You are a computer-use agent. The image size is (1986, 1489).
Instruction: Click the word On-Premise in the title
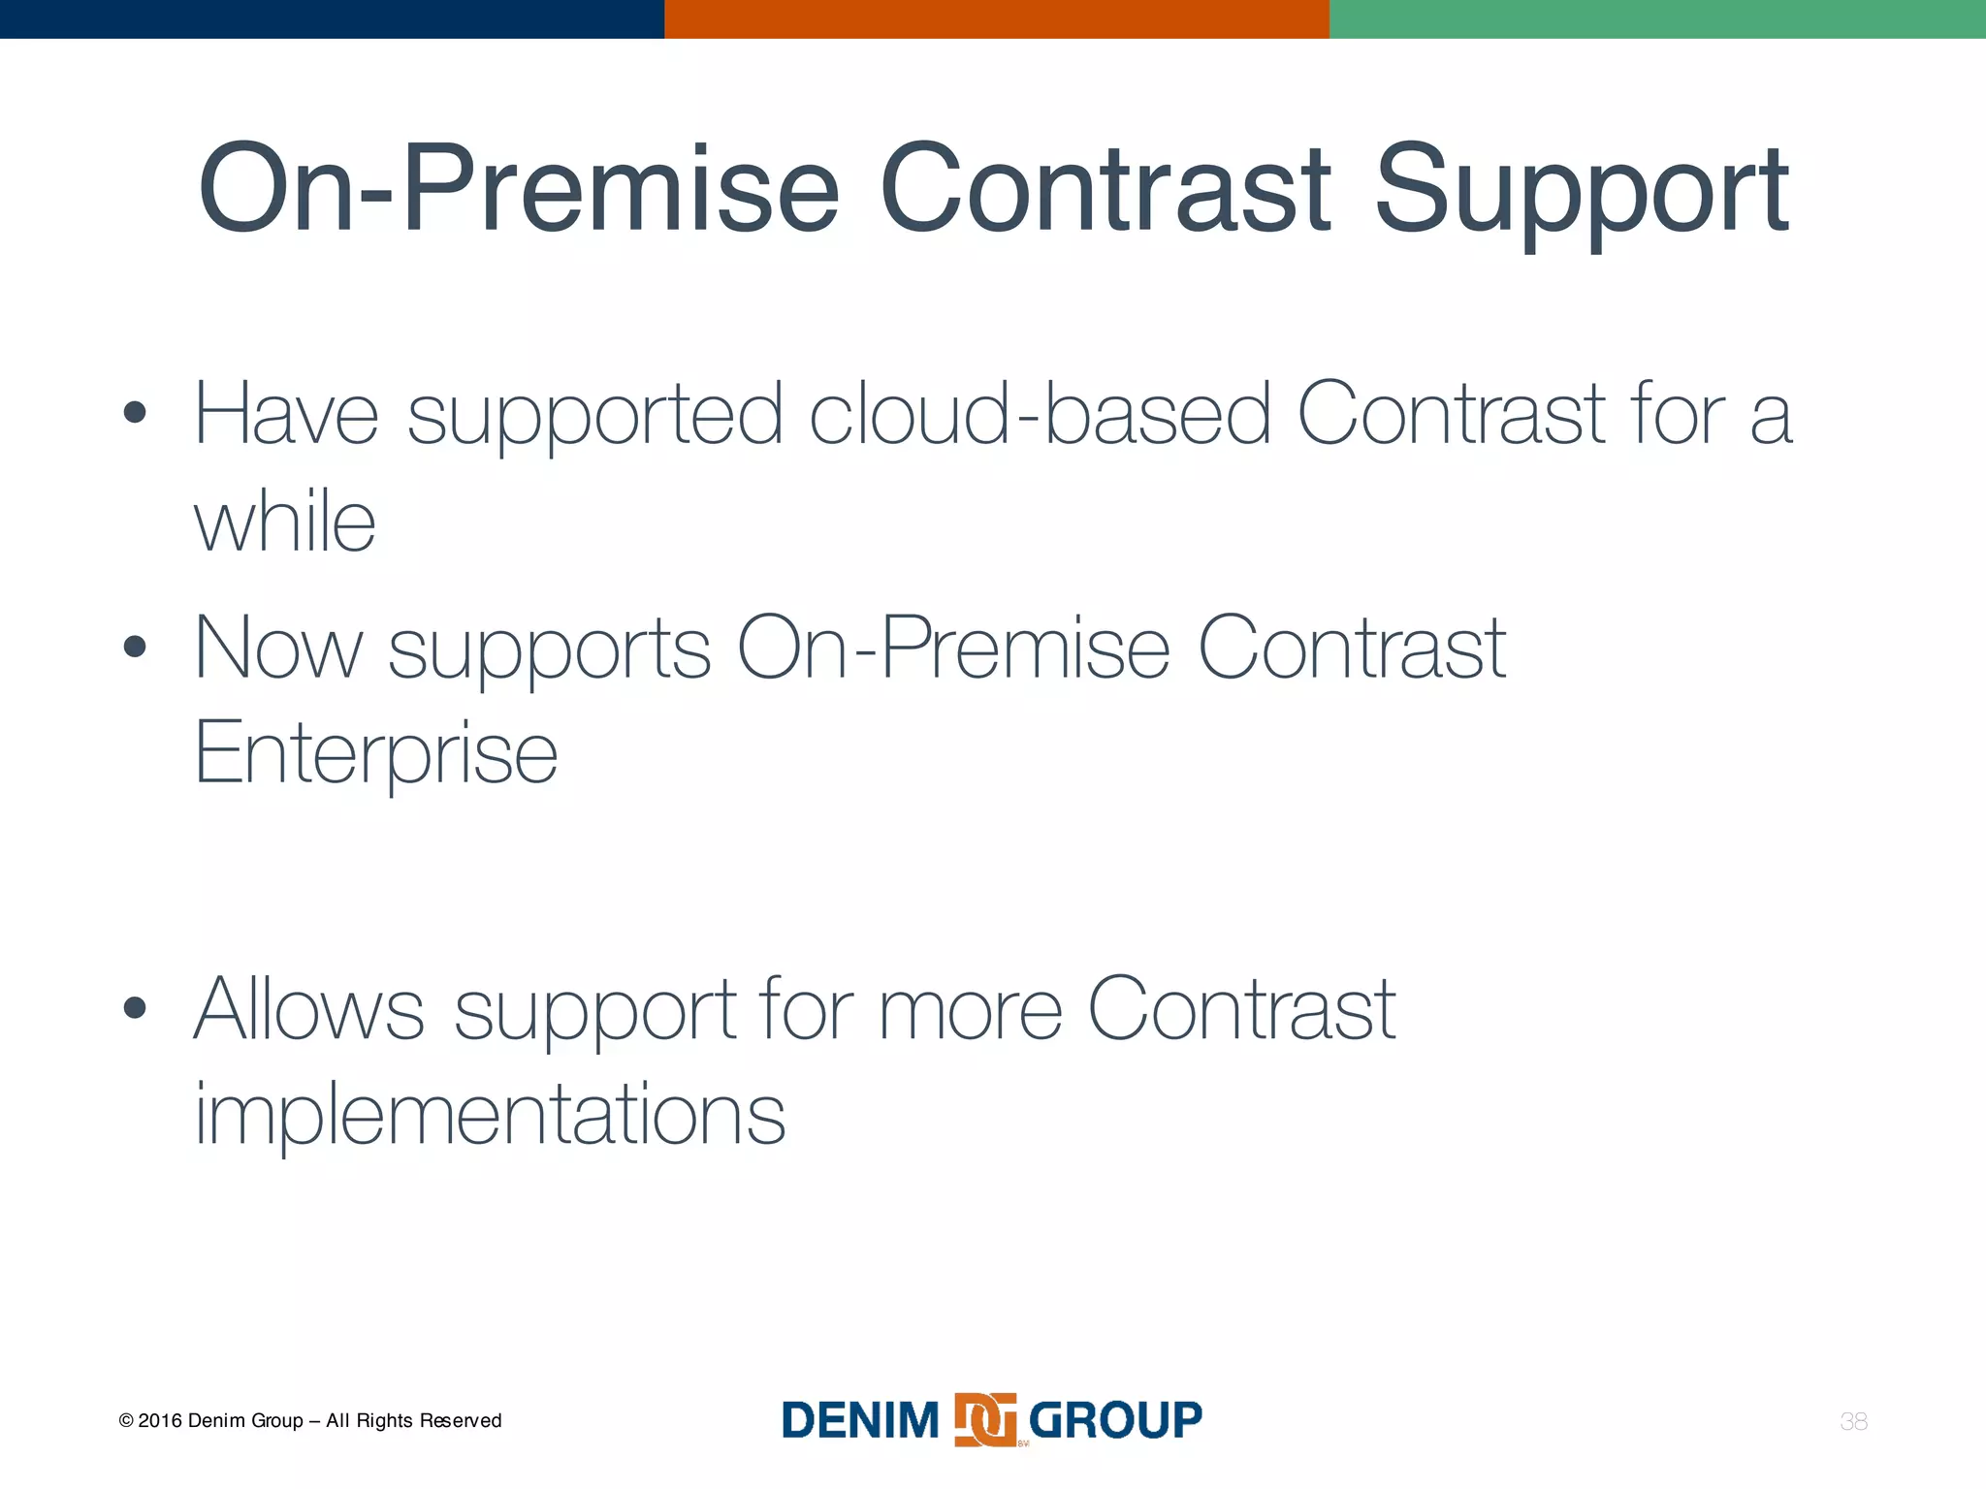pyautogui.click(x=519, y=189)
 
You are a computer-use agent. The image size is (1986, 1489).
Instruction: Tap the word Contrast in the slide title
pyautogui.click(x=1105, y=189)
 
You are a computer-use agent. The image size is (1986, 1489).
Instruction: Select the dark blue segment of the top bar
pyautogui.click(x=332, y=18)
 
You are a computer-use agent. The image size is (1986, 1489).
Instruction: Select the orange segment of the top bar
pyautogui.click(x=996, y=18)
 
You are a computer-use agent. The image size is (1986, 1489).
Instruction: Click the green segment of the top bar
pyautogui.click(x=1657, y=18)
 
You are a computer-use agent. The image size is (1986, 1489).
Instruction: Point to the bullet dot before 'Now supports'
pyautogui.click(x=135, y=647)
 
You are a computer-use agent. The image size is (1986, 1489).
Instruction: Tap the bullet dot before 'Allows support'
pyautogui.click(x=135, y=1008)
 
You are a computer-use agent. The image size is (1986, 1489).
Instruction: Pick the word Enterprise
pyautogui.click(x=376, y=753)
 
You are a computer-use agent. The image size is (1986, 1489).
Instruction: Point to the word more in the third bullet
pyautogui.click(x=970, y=1010)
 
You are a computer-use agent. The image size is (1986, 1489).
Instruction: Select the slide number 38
pyautogui.click(x=1853, y=1421)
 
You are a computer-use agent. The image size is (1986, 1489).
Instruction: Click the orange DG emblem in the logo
pyautogui.click(x=985, y=1419)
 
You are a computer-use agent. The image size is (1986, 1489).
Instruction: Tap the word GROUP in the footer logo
pyautogui.click(x=1115, y=1420)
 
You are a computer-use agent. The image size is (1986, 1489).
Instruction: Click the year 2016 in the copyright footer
pyautogui.click(x=159, y=1421)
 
